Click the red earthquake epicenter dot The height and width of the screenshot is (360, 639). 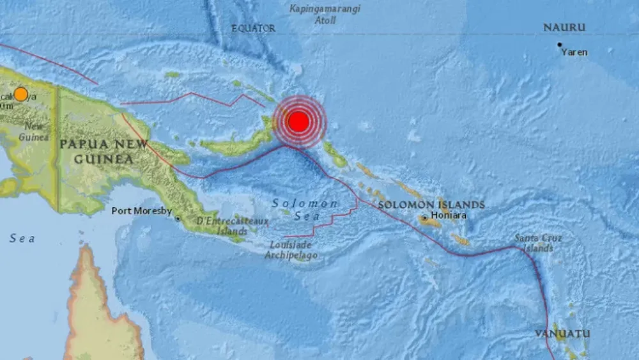[x=298, y=121]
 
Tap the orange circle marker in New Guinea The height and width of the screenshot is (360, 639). [x=21, y=94]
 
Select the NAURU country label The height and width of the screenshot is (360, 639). [x=564, y=27]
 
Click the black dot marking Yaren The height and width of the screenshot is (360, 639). [x=559, y=45]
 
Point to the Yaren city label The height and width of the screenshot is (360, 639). [x=574, y=52]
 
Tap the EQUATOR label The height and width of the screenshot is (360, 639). [x=253, y=28]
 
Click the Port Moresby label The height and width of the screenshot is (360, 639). [x=142, y=210]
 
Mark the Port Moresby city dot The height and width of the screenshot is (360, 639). [x=178, y=218]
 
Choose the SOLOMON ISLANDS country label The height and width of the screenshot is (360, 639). [x=431, y=205]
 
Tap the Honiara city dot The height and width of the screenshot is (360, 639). [x=424, y=217]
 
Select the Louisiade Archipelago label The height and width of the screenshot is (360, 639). [x=290, y=250]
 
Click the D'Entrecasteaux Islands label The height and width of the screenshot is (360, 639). [x=232, y=226]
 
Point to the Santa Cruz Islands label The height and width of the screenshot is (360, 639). [x=539, y=243]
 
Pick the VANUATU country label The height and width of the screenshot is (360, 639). [x=562, y=334]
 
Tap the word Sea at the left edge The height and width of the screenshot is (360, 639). [x=22, y=239]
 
